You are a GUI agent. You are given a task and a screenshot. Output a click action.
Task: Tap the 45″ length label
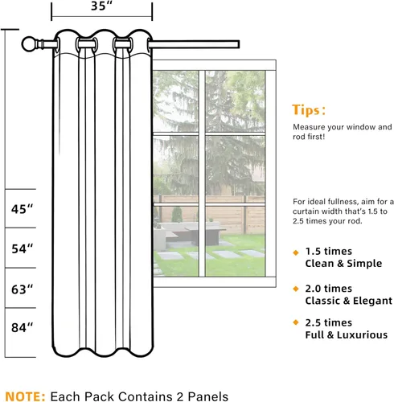click(x=22, y=209)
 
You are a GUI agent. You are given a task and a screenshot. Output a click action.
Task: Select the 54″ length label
click(x=22, y=249)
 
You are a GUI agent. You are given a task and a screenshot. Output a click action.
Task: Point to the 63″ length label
click(x=22, y=289)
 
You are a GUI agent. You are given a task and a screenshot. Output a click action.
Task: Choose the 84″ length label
click(x=22, y=327)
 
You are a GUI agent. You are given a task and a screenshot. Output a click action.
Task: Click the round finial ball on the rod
click(x=29, y=44)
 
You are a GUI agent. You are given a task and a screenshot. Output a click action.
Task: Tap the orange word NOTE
click(x=25, y=396)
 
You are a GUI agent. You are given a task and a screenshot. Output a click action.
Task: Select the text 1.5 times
click(x=329, y=252)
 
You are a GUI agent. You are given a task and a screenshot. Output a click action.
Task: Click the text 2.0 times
click(x=329, y=289)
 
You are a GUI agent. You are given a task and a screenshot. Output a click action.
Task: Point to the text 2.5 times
click(x=329, y=322)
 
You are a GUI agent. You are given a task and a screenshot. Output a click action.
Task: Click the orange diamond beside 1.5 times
click(x=296, y=252)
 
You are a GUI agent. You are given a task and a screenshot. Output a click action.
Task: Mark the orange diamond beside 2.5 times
click(x=296, y=322)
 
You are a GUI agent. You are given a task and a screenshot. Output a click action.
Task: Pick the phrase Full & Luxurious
click(x=347, y=335)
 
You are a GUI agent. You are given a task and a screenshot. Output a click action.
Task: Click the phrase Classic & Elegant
click(x=349, y=301)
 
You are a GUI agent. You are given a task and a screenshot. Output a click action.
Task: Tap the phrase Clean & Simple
click(x=343, y=264)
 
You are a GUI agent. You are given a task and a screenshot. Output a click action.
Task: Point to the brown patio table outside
click(x=206, y=236)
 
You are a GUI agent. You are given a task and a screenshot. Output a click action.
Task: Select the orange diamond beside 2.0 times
click(x=296, y=289)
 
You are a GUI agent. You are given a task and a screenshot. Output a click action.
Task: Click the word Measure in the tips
click(x=305, y=127)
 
